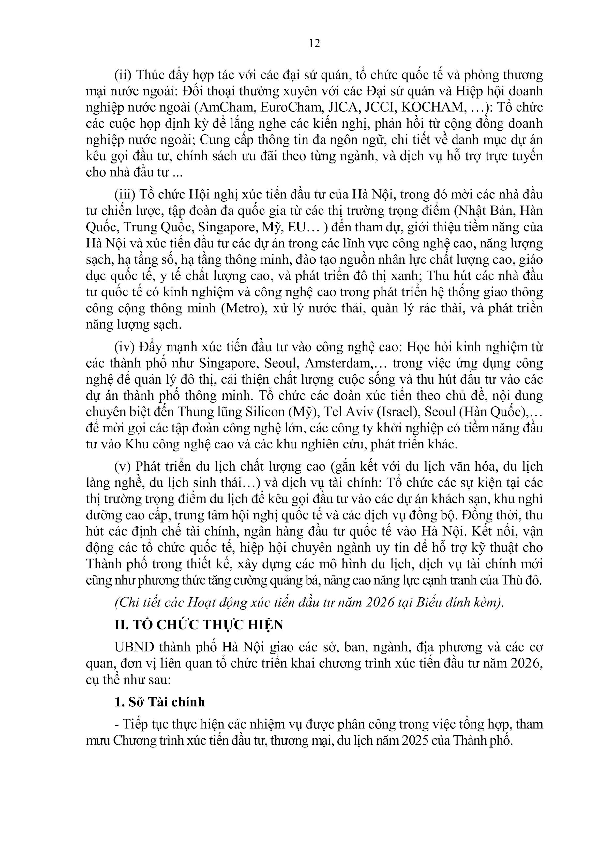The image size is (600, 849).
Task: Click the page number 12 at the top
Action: (x=314, y=44)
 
